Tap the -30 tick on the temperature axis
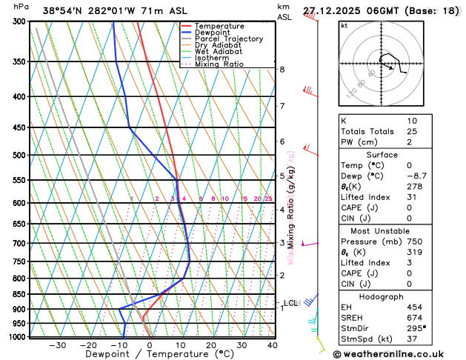tap(57, 345)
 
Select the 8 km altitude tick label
tap(282, 70)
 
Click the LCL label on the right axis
tap(290, 303)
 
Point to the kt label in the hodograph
tap(344, 25)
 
